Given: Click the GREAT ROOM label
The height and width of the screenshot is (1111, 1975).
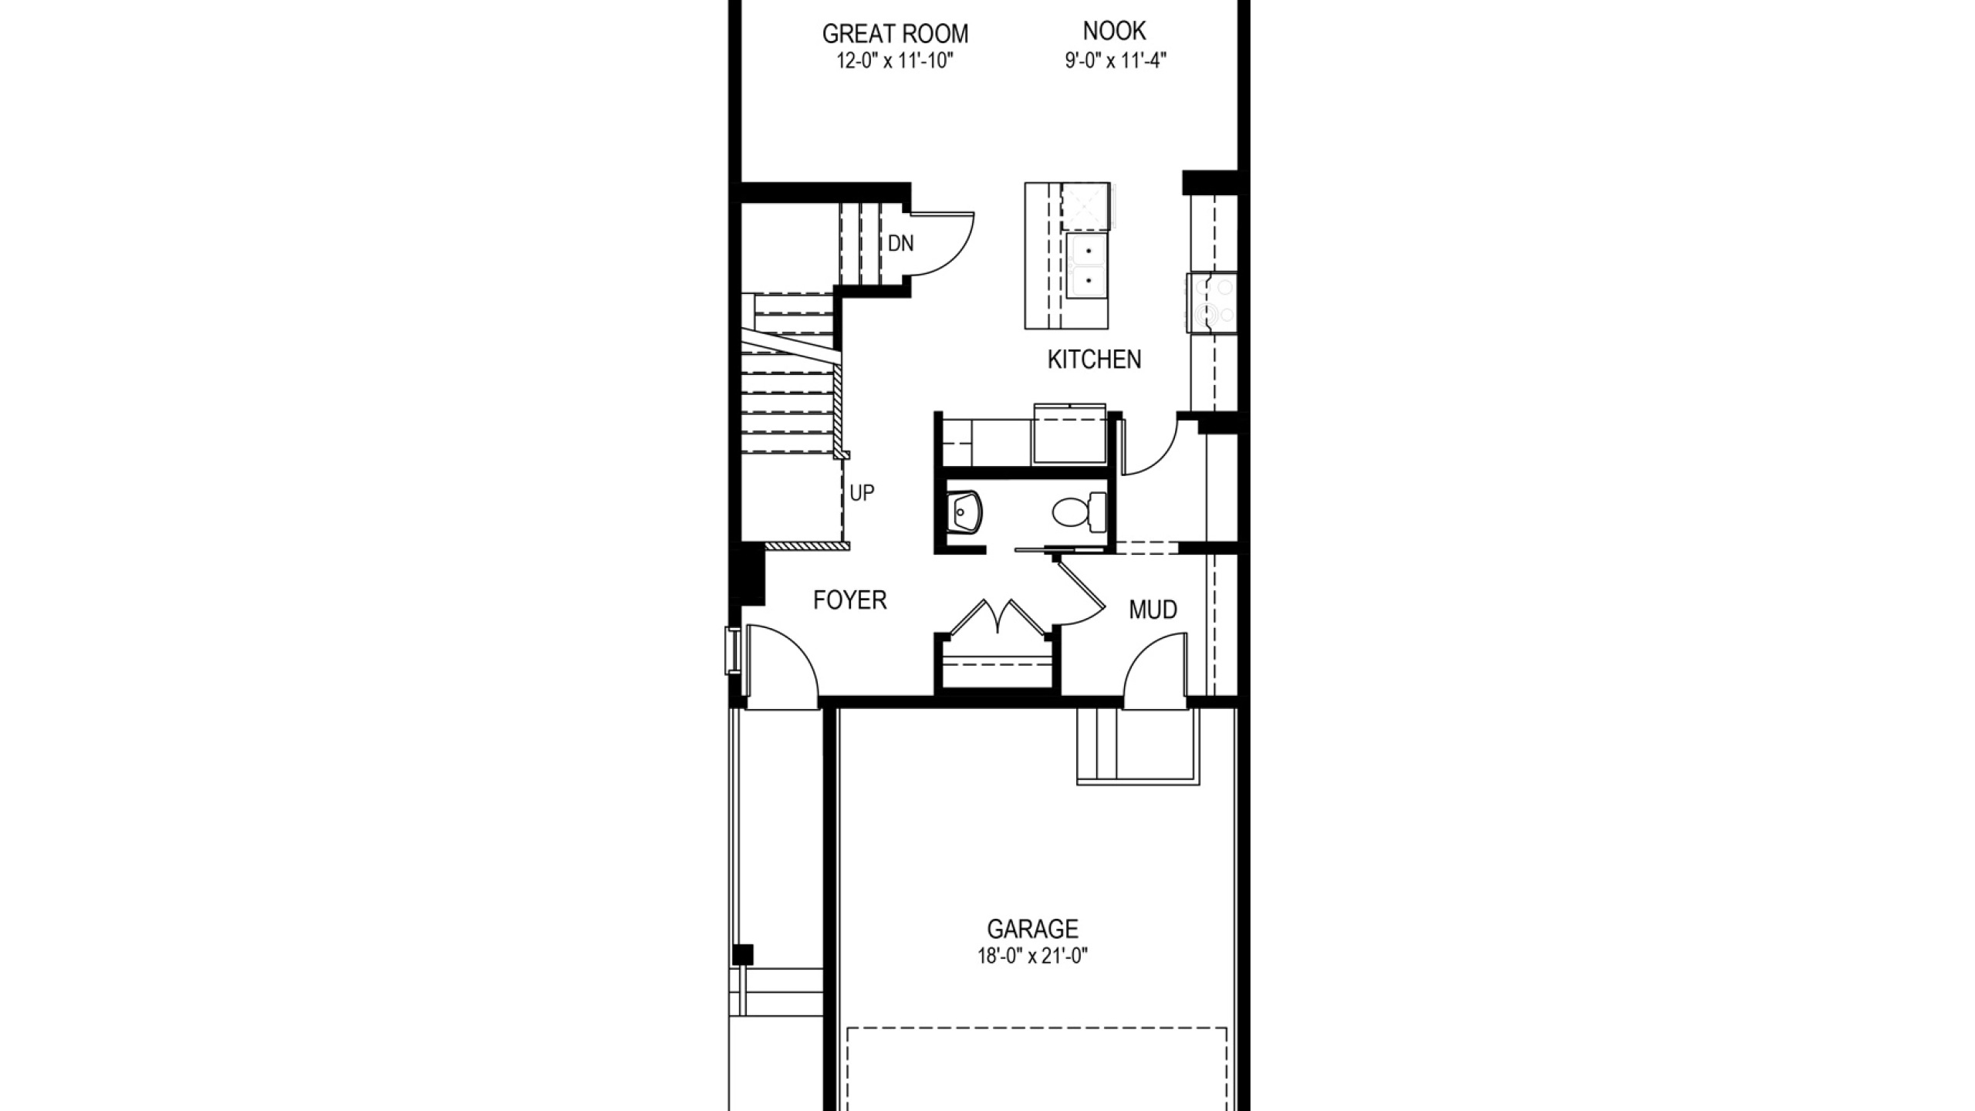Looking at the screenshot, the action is point(895,34).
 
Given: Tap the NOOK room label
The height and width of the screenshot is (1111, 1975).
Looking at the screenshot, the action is point(1114,31).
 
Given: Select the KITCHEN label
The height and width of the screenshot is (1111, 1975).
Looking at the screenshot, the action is point(1094,360).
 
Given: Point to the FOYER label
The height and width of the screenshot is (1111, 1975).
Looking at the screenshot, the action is point(849,599).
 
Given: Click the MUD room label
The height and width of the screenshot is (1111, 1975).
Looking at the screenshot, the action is point(1153,610).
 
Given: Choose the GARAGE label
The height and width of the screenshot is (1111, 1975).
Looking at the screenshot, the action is point(1032,928).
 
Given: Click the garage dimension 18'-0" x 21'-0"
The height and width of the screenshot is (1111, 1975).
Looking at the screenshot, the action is point(1032,957).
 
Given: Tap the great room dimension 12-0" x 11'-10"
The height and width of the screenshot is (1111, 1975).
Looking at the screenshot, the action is point(895,61).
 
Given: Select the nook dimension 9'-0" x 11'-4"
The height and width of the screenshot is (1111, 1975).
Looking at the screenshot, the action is point(1115,60).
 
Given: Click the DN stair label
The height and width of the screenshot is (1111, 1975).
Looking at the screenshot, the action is point(900,244).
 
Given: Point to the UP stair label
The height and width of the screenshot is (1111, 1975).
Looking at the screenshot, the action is point(862,493).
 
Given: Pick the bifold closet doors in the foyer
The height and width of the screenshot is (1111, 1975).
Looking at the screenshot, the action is point(998,617).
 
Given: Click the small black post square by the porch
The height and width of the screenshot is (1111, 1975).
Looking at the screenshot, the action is point(743,954).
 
